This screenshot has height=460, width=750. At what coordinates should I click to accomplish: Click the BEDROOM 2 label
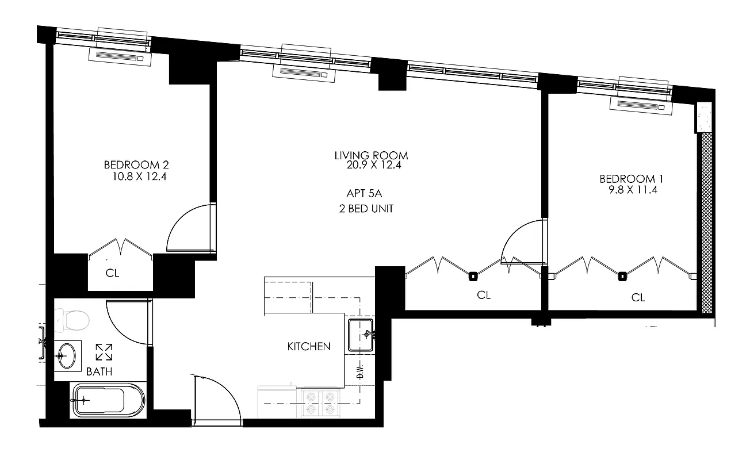135,165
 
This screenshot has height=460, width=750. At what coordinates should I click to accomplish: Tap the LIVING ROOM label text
371,155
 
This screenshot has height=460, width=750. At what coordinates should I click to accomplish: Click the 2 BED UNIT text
366,209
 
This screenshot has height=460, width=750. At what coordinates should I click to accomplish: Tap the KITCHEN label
309,346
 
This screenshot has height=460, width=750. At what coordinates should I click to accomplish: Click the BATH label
99,371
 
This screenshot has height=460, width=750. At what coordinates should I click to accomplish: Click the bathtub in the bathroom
108,401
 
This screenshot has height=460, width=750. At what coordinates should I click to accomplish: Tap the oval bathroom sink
66,355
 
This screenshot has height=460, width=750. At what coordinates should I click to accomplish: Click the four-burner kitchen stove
320,402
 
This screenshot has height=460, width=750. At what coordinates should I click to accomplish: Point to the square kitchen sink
361,335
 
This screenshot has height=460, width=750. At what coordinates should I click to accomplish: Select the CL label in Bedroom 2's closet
112,273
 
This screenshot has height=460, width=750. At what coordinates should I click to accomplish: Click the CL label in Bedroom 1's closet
638,297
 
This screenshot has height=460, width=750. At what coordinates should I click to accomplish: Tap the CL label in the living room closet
484,295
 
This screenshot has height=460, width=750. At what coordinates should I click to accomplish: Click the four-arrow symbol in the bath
104,352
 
